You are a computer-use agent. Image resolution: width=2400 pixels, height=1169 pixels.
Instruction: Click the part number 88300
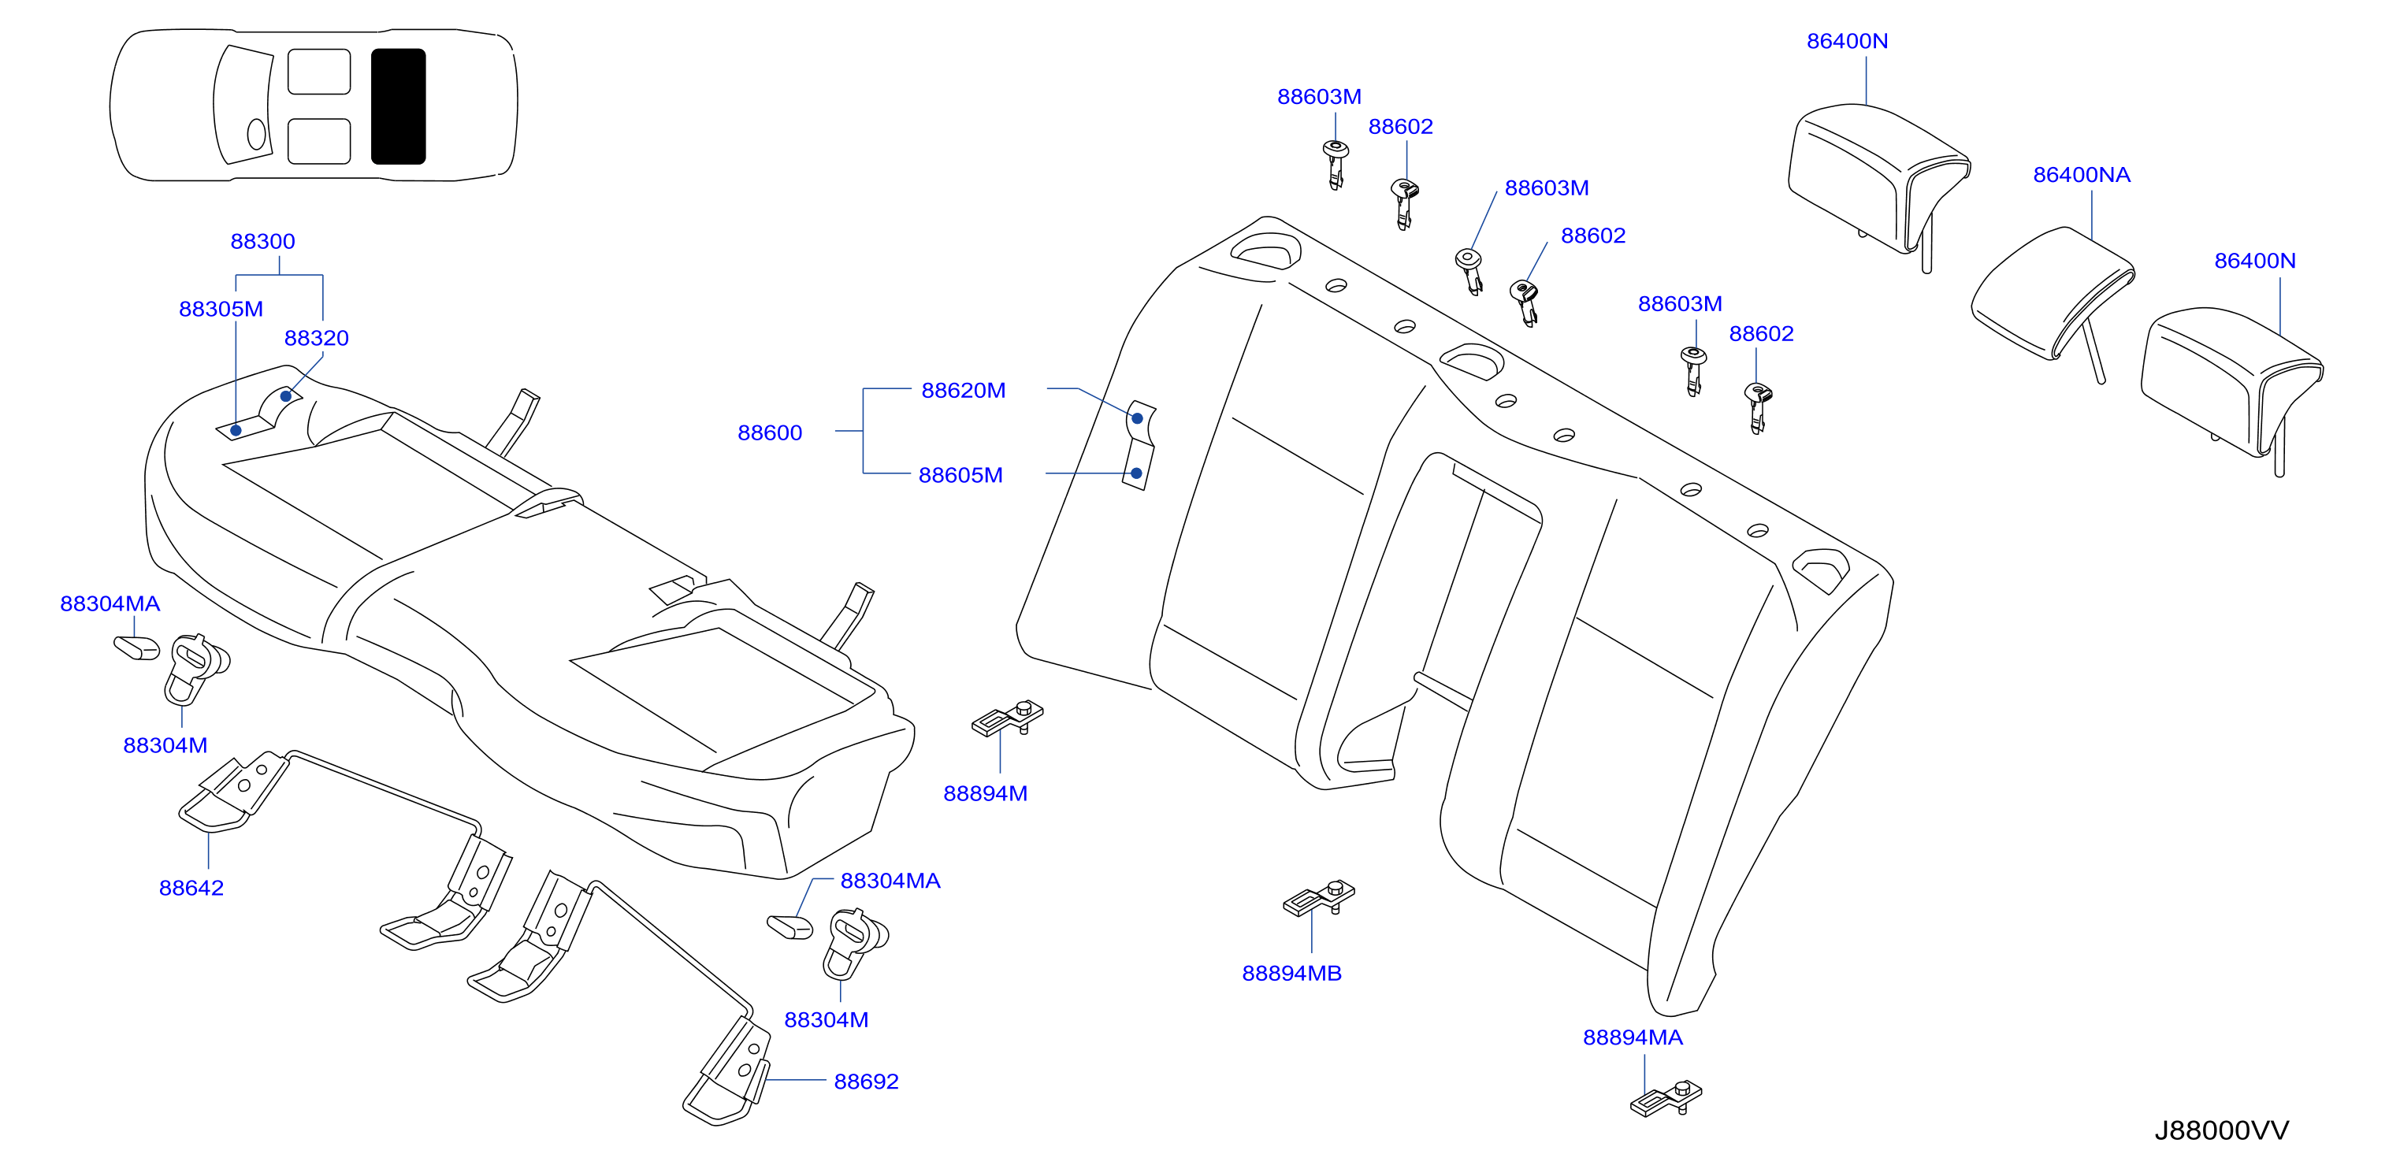coord(262,241)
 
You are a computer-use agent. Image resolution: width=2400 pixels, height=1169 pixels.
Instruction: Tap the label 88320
coord(317,338)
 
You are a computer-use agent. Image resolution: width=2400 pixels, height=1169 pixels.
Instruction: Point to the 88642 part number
coord(191,888)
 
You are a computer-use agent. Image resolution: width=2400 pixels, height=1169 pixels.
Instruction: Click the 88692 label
coord(867,1082)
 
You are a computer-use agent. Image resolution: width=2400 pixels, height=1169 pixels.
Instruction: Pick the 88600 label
coord(770,432)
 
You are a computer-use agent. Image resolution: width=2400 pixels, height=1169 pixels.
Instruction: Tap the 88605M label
coord(960,475)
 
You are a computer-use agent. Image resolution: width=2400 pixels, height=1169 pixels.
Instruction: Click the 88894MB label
coord(1291,974)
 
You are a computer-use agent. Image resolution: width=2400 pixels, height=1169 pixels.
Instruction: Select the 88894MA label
coord(1633,1037)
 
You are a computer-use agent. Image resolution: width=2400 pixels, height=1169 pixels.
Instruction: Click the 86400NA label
coord(2082,175)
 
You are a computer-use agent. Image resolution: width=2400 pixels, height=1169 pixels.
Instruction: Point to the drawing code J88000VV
coord(2221,1131)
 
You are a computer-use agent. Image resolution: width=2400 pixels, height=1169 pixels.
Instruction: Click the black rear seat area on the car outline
coord(398,106)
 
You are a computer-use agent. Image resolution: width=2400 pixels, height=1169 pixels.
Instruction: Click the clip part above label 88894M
coord(1007,718)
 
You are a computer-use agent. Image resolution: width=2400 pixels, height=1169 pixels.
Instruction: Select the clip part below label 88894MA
coord(1666,1098)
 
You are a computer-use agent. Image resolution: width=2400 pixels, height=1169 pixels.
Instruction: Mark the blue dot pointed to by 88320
coord(286,396)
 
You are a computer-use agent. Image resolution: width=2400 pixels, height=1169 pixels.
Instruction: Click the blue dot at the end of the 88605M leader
coord(1137,473)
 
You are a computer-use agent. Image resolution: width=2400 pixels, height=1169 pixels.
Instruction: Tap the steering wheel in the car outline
coord(256,134)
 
